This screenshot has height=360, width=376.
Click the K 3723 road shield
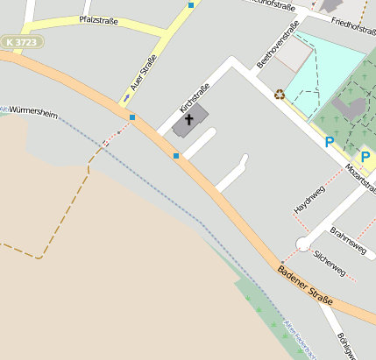(22, 42)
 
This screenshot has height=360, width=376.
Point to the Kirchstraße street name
(195, 97)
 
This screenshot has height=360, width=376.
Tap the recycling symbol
(280, 94)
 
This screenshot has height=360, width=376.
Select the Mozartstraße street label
(360, 179)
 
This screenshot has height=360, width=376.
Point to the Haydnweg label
(309, 200)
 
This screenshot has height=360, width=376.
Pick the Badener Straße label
(306, 288)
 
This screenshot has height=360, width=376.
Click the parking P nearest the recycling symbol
(330, 141)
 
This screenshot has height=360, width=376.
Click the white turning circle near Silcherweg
(303, 244)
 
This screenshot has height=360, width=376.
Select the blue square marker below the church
(176, 156)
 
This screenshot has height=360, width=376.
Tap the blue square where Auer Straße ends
(132, 117)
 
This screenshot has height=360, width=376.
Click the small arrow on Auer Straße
(126, 97)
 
